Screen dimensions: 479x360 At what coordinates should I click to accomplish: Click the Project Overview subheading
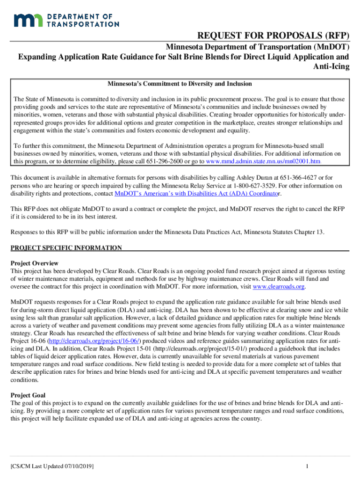[x=34, y=263]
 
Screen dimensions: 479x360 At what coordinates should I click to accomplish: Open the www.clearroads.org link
[x=279, y=287]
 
